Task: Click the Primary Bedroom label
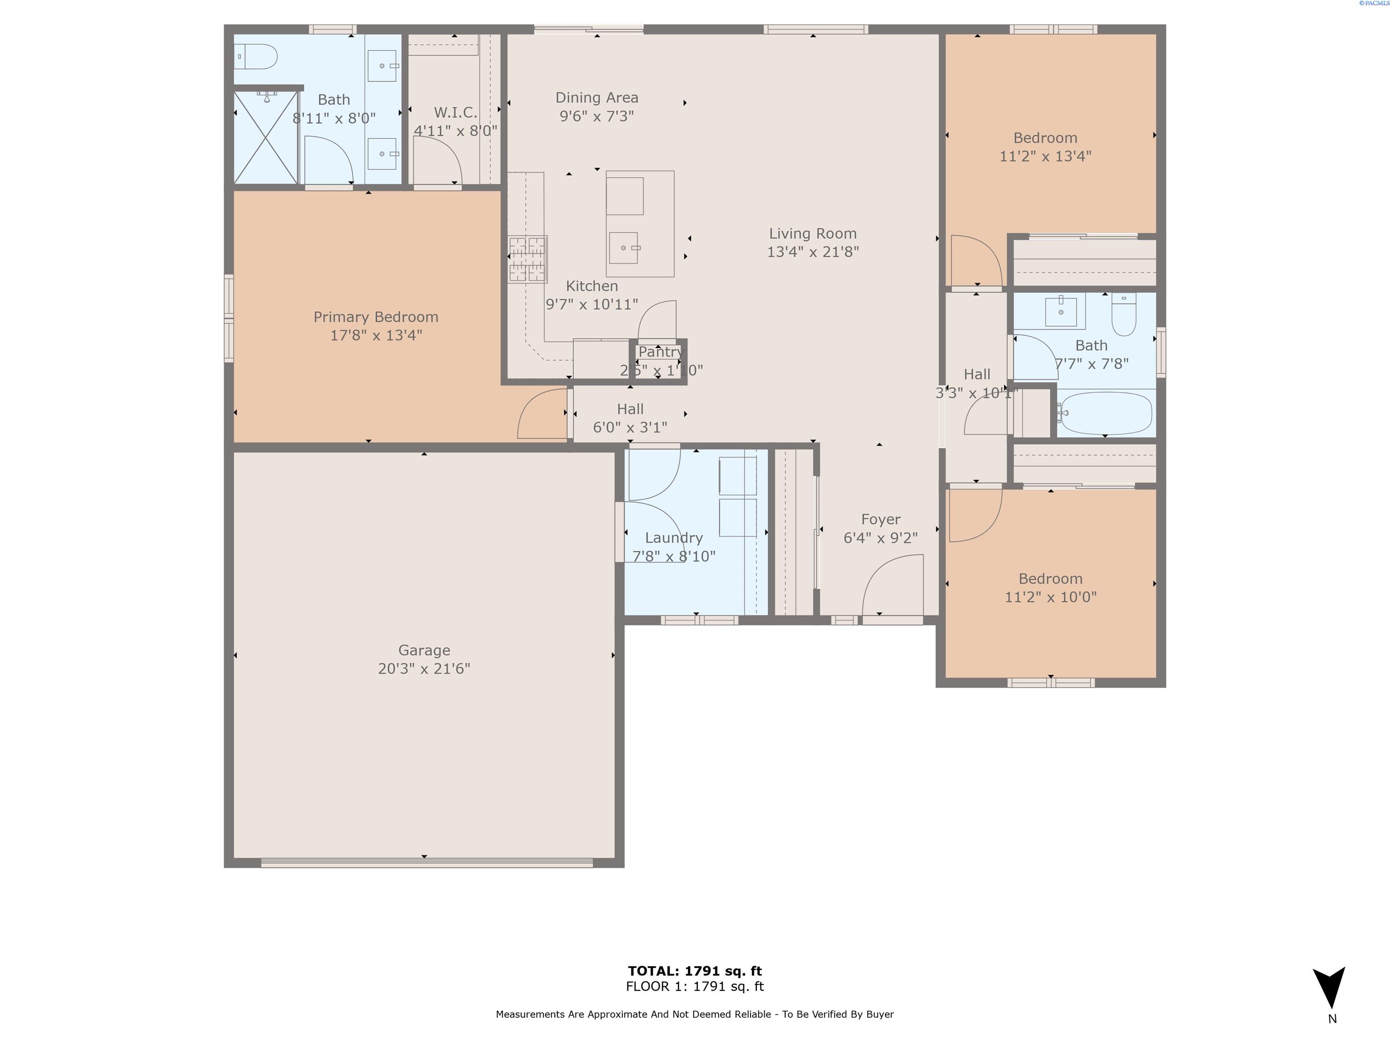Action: pyautogui.click(x=376, y=317)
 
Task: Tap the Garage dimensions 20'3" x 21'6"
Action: pyautogui.click(x=424, y=668)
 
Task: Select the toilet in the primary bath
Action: pyautogui.click(x=257, y=57)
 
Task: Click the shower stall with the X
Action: pyautogui.click(x=265, y=137)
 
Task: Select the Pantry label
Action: pyautogui.click(x=660, y=352)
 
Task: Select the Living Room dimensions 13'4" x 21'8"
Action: pyautogui.click(x=813, y=252)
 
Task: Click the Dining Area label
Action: pyautogui.click(x=596, y=97)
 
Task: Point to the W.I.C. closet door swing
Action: pyautogui.click(x=438, y=162)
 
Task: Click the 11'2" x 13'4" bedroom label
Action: pyautogui.click(x=1045, y=138)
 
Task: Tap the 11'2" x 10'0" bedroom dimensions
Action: pyautogui.click(x=1050, y=597)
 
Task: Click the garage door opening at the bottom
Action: pyautogui.click(x=427, y=862)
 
